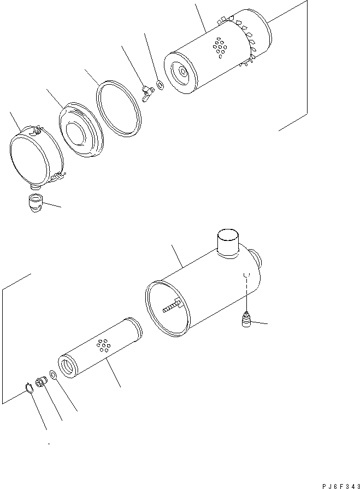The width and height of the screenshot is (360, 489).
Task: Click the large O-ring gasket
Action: pos(119,107)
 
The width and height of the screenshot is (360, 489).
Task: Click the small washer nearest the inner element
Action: pos(54,375)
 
